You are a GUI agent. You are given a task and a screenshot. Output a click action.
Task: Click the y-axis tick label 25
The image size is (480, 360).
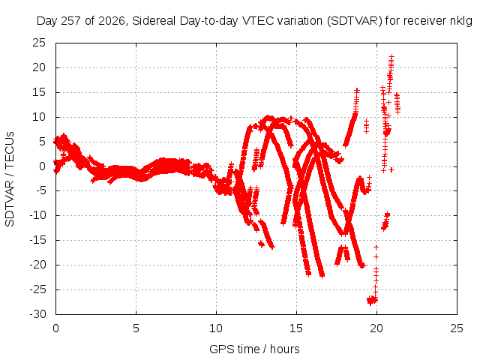tap(39, 43)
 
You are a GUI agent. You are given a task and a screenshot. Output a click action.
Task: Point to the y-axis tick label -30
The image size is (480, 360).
tap(37, 314)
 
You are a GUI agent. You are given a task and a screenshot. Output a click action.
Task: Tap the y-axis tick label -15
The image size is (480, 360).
tap(37, 240)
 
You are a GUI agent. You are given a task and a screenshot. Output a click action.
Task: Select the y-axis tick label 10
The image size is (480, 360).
tap(39, 117)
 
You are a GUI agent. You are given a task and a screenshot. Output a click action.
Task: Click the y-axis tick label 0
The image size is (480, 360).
tap(42, 166)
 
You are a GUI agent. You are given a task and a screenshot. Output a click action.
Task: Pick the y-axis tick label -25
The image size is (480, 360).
tap(37, 289)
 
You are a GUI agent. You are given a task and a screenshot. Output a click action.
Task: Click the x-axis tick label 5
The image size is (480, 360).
tap(136, 328)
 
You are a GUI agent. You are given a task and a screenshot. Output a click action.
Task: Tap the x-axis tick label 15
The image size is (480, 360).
tap(296, 328)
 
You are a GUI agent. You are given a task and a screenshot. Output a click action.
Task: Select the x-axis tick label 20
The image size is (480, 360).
tap(376, 328)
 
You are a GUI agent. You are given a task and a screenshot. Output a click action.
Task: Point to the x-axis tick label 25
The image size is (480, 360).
tap(457, 328)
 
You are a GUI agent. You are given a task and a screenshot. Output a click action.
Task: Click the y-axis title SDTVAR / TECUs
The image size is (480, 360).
tap(10, 179)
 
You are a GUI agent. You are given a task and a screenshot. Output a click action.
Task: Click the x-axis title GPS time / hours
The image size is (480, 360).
tap(254, 349)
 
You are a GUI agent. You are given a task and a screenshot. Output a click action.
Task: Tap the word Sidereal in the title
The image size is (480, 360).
tap(154, 21)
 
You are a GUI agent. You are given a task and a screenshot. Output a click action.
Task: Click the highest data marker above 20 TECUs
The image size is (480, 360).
tap(391, 56)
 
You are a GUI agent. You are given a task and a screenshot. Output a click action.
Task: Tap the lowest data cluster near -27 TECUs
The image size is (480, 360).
tap(372, 300)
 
